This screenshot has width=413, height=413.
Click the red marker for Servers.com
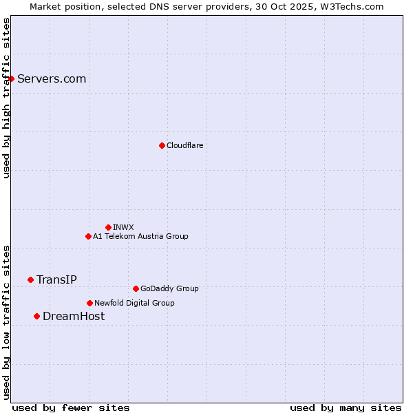pyautogui.click(x=11, y=78)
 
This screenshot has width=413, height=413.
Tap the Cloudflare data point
pyautogui.click(x=162, y=145)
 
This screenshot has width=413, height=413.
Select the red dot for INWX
pyautogui.click(x=108, y=227)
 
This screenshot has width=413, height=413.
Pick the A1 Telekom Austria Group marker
pyautogui.click(x=88, y=236)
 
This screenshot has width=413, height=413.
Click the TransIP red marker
pyautogui.click(x=30, y=279)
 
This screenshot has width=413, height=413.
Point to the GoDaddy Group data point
pyautogui.click(x=136, y=288)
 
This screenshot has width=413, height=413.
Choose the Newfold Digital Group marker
pyautogui.click(x=89, y=303)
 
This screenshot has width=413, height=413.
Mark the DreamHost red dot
pyautogui.click(x=36, y=316)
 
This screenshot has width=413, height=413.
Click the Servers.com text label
pyautogui.click(x=52, y=79)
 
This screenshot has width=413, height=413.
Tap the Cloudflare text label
pyautogui.click(x=184, y=146)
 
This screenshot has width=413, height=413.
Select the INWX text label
pyautogui.click(x=123, y=227)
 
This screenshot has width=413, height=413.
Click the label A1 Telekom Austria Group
pyautogui.click(x=140, y=237)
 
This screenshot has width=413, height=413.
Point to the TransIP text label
pyautogui.click(x=56, y=279)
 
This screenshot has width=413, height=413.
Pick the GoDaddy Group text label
pyautogui.click(x=169, y=289)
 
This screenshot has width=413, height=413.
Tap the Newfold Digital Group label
pyautogui.click(x=134, y=303)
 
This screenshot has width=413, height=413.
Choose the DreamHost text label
pyautogui.click(x=74, y=317)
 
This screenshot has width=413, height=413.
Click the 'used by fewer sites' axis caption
pyautogui.click(x=71, y=408)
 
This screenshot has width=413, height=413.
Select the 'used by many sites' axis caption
pyautogui.click(x=346, y=408)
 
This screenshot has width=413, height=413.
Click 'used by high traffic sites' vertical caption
pyautogui.click(x=6, y=98)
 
